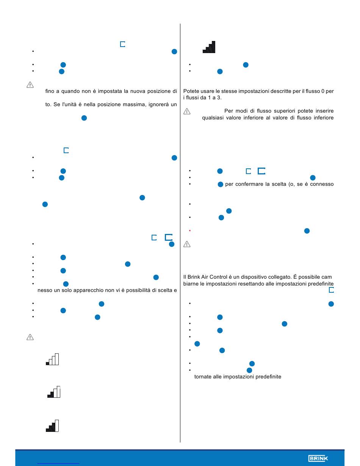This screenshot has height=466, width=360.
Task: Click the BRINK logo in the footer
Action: [318, 458]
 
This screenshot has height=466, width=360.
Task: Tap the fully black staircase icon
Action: [209, 47]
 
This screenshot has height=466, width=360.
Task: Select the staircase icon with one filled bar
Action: [52, 359]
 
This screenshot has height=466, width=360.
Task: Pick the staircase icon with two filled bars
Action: [54, 392]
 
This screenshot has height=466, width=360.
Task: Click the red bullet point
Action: [189, 231]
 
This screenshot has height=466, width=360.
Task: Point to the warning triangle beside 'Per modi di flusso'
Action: [187, 111]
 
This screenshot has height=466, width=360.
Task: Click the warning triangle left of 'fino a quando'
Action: [30, 85]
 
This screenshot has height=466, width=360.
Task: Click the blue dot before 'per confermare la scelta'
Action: [221, 184]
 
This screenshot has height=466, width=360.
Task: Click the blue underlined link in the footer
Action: [58, 464]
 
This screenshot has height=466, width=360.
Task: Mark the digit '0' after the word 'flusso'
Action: [323, 91]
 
